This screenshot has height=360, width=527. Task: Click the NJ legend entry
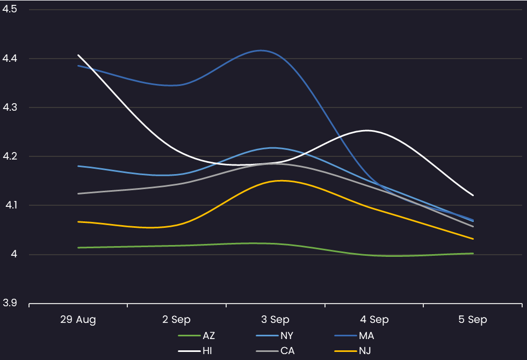click(366, 351)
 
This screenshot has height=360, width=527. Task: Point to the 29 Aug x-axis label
click(78, 320)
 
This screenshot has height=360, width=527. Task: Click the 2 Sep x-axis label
click(177, 320)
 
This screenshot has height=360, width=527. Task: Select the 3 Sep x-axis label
click(276, 320)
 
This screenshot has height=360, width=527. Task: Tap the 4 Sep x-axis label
click(374, 320)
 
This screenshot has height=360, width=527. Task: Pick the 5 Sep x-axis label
click(473, 320)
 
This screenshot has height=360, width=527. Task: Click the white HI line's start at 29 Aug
click(78, 55)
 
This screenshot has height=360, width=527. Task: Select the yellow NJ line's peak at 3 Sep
click(280, 181)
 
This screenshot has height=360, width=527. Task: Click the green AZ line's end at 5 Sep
click(473, 253)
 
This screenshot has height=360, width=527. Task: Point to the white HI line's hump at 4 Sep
click(367, 130)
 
